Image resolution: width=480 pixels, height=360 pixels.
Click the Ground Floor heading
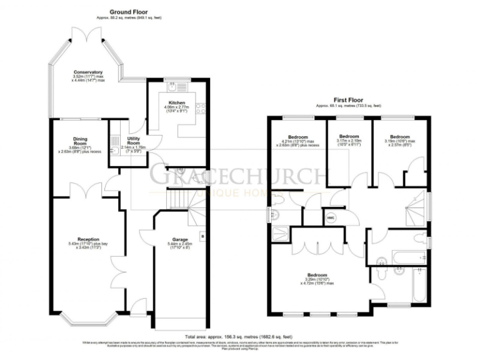[129, 12]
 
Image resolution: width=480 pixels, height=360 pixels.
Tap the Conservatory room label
[87, 72]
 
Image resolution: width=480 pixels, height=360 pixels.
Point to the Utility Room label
[132, 142]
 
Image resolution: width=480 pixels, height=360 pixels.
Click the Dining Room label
[79, 140]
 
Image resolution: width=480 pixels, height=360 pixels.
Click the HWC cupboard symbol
[331, 217]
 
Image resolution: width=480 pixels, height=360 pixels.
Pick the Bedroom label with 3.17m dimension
[349, 136]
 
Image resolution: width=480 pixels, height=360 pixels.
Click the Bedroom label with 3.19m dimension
[399, 136]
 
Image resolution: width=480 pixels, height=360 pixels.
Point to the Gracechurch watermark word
[237, 176]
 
